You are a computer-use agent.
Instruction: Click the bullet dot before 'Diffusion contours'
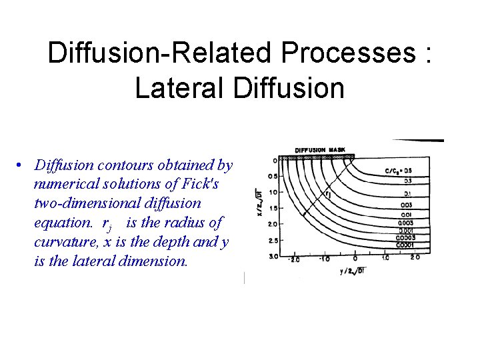coord(21,165)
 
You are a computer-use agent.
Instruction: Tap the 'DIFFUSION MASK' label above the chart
coord(320,149)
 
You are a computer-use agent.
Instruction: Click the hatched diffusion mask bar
coord(317,157)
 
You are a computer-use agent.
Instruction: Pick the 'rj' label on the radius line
coord(327,194)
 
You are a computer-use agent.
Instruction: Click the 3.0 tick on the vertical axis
coord(273,256)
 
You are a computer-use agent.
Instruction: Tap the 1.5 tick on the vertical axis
coord(273,208)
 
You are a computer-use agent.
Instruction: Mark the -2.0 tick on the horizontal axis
coord(293,259)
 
